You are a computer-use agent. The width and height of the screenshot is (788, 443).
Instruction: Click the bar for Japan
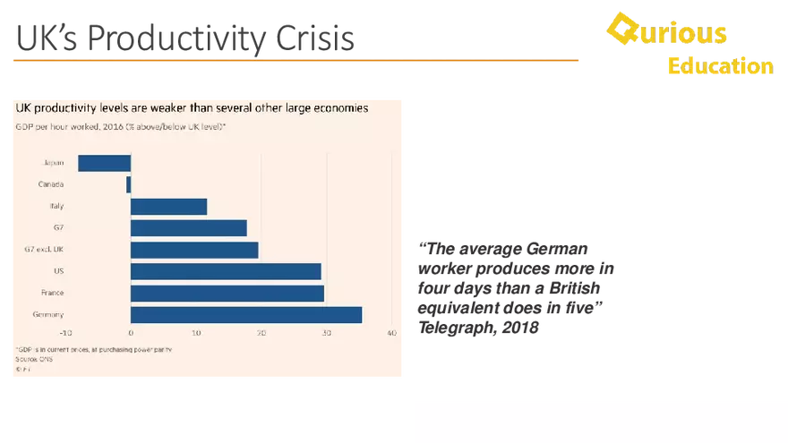tap(105, 163)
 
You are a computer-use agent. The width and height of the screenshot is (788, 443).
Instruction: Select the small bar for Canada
tap(129, 184)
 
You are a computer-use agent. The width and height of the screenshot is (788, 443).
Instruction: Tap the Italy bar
tap(168, 207)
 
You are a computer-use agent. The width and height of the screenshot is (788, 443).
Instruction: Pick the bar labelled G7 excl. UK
tap(194, 250)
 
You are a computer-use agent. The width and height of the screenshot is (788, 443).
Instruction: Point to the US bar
tap(226, 271)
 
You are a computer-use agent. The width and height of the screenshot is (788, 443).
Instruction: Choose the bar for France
tap(227, 293)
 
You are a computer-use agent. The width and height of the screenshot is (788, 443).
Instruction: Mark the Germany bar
tap(246, 314)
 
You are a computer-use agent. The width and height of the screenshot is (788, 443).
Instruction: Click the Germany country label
tap(47, 314)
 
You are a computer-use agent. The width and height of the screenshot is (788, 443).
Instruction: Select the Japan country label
tap(53, 163)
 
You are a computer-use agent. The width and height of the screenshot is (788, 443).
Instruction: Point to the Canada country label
tap(50, 184)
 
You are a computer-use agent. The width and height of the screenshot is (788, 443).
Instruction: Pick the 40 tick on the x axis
tap(391, 333)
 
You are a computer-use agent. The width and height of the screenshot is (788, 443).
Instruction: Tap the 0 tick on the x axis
tap(131, 333)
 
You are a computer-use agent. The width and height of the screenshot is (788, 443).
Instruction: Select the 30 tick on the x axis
tap(326, 333)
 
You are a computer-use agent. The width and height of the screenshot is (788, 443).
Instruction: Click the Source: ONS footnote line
tap(30, 358)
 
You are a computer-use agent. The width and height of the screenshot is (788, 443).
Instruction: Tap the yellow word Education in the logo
tap(720, 66)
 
